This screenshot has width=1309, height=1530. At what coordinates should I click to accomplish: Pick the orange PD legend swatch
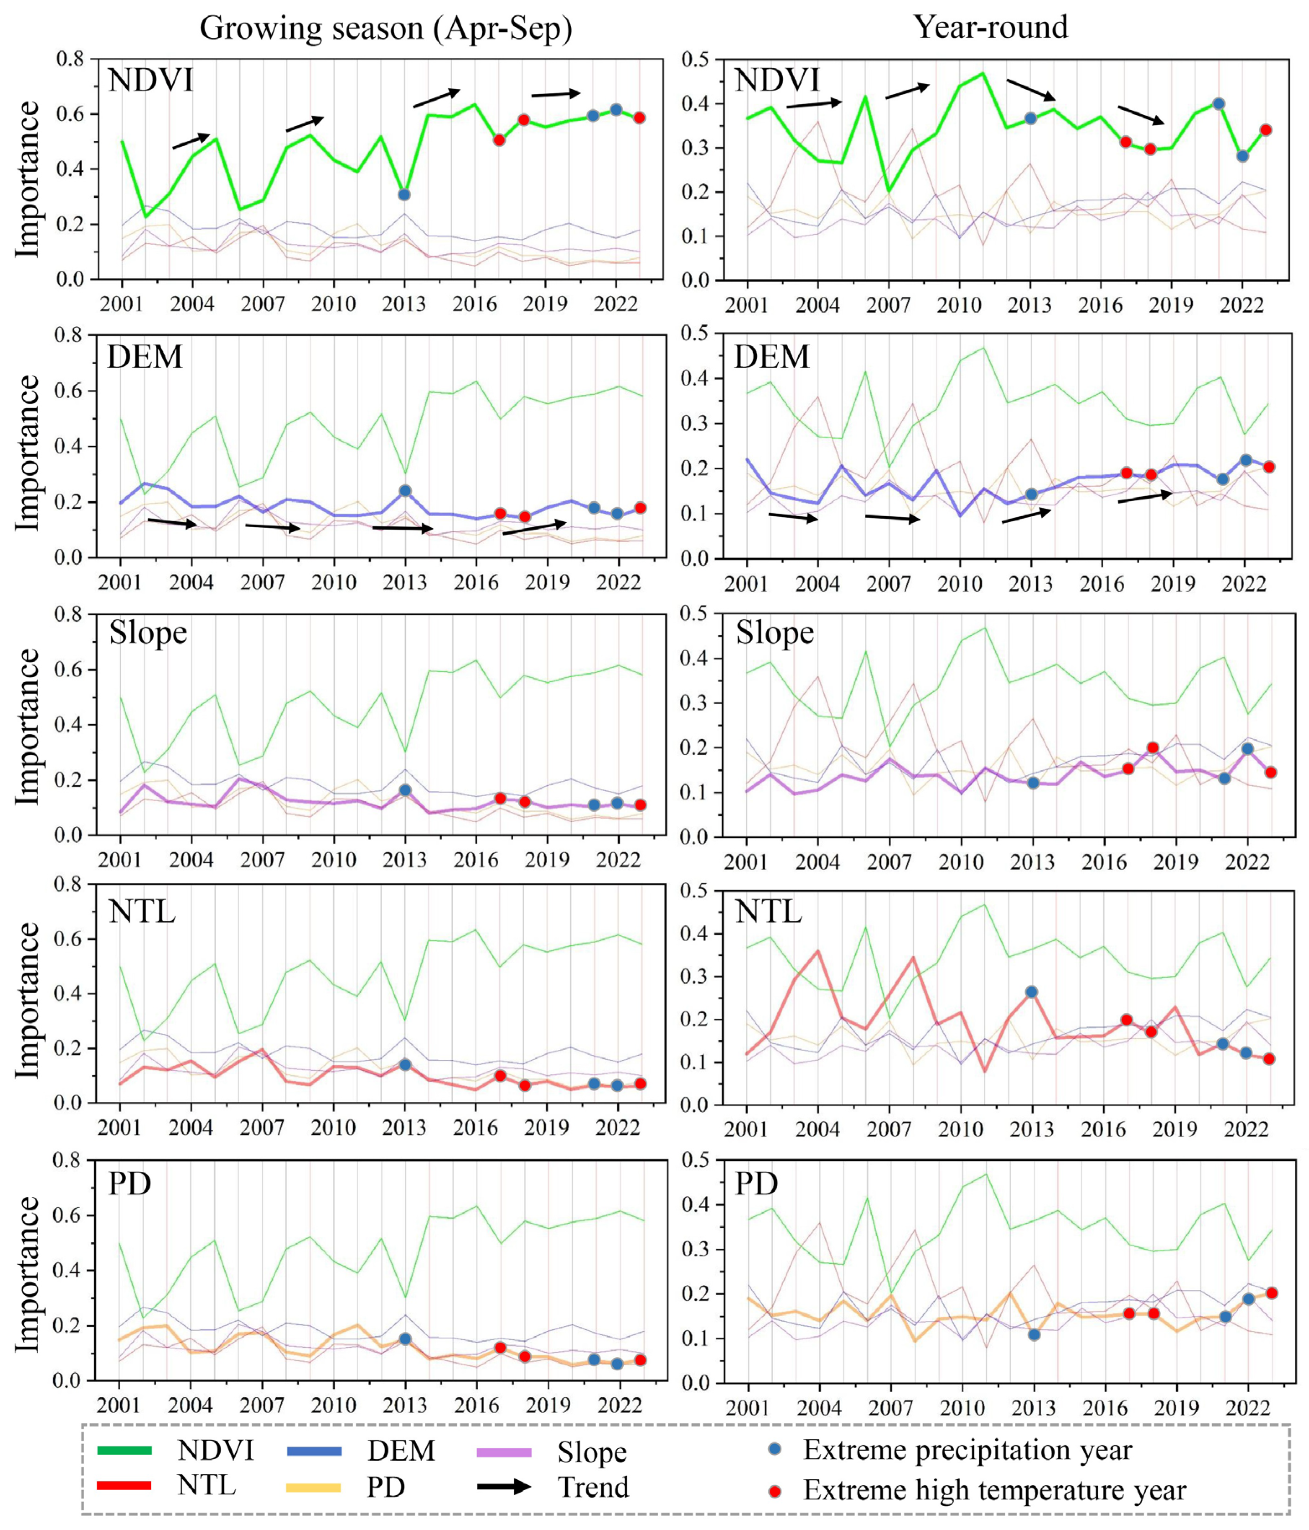click(x=314, y=1486)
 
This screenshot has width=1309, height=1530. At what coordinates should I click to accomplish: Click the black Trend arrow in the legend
click(x=504, y=1486)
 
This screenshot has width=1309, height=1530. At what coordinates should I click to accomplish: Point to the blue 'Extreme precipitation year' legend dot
click(x=774, y=1450)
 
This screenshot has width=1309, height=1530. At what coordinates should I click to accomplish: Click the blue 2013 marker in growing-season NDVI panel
click(x=404, y=194)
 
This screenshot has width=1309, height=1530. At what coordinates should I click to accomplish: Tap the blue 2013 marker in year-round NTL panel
click(x=1031, y=992)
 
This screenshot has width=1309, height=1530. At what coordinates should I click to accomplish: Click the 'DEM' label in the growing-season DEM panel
click(x=145, y=357)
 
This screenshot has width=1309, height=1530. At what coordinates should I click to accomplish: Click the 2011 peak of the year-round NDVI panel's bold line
click(x=983, y=73)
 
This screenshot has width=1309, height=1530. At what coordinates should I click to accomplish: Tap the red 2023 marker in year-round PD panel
click(x=1271, y=1293)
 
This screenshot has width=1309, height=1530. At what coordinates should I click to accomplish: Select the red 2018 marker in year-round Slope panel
click(x=1152, y=747)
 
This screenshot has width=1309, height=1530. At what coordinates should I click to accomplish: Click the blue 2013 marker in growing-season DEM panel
click(x=405, y=490)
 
